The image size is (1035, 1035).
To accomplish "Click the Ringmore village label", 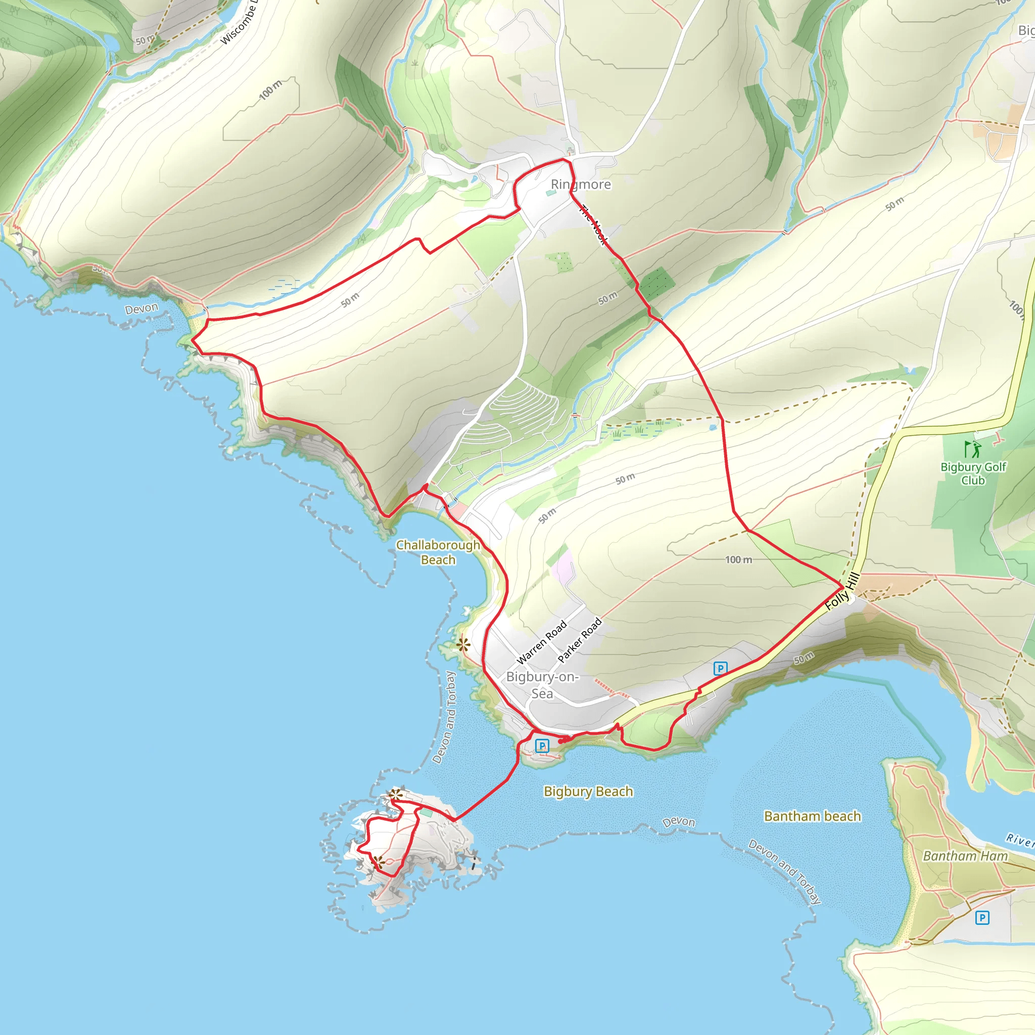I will [581, 184].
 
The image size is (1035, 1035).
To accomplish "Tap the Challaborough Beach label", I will [438, 552].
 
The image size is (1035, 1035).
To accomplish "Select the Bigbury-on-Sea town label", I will [542, 685].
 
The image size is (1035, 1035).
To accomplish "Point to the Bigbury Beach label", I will [588, 791].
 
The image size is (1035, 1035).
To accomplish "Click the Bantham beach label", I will [812, 816].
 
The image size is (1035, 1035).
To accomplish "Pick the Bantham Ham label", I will [965, 856].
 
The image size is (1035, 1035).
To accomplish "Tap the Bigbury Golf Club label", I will [973, 474].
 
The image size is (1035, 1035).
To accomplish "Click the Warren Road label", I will [541, 642].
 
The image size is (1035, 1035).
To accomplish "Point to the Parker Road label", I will [580, 640].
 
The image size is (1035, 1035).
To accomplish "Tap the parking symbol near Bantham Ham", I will [982, 918].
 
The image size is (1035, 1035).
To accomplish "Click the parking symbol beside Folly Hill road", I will [721, 669].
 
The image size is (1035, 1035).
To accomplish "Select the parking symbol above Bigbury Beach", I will [542, 746].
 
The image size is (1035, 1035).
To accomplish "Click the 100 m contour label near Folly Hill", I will [738, 560].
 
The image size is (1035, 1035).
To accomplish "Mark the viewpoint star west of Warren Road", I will [463, 644].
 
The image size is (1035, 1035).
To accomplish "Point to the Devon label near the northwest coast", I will [142, 309].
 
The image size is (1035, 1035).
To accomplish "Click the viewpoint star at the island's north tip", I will [396, 794].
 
